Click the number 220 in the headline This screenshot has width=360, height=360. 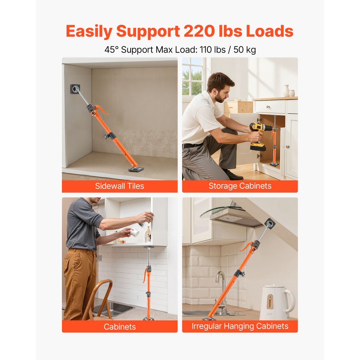(x=202, y=32)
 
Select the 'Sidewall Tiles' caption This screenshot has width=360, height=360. (x=120, y=186)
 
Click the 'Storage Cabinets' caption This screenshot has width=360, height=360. (x=240, y=186)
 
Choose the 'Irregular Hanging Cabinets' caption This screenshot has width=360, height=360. (x=240, y=326)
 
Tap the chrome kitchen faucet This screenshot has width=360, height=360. (x=221, y=288)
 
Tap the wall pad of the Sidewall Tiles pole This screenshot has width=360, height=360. (x=75, y=89)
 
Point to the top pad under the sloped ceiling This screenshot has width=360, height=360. (x=269, y=224)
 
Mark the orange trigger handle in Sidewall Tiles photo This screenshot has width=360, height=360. (x=102, y=109)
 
